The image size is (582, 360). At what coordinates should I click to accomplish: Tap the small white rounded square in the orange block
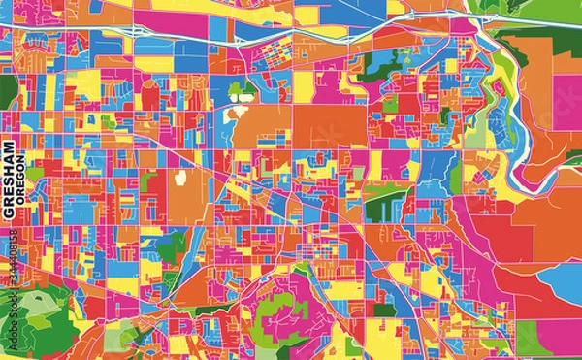coord(178,178)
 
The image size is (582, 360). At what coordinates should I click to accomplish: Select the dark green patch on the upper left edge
coord(7,92)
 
